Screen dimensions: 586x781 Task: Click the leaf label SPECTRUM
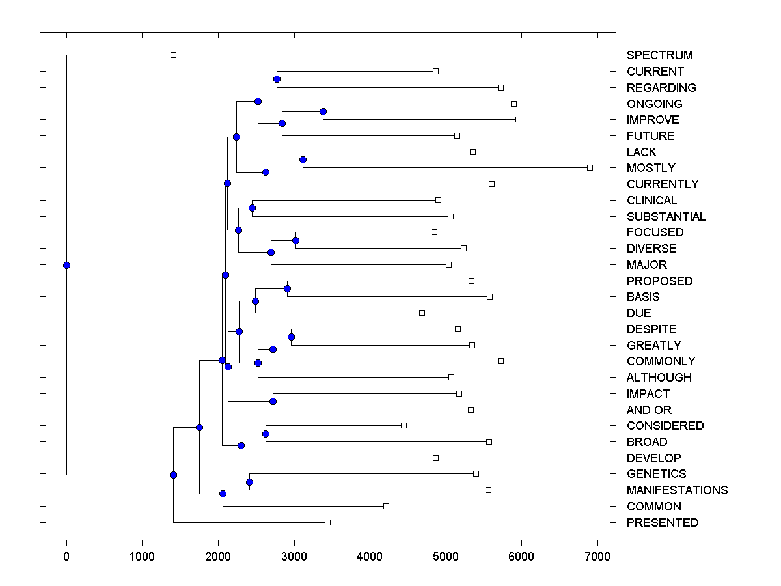click(x=659, y=55)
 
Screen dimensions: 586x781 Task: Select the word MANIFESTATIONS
click(x=677, y=490)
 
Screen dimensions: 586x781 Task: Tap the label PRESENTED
click(x=662, y=523)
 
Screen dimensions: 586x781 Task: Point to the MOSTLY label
click(x=651, y=168)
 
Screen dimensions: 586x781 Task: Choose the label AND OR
click(x=649, y=410)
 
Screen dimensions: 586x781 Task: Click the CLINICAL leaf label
click(x=651, y=201)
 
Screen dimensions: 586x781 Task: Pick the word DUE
click(x=638, y=313)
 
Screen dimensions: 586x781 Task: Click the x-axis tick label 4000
click(x=370, y=557)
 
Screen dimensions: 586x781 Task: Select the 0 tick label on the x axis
click(x=66, y=557)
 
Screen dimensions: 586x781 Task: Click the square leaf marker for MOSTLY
click(x=590, y=167)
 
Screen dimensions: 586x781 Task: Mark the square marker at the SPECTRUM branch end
click(x=173, y=55)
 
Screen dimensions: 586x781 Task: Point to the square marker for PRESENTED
click(x=327, y=522)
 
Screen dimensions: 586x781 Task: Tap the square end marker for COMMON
click(x=386, y=506)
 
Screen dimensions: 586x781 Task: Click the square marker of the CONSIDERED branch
click(x=404, y=425)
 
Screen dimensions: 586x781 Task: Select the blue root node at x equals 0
click(x=66, y=265)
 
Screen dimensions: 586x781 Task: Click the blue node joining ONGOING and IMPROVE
click(x=323, y=111)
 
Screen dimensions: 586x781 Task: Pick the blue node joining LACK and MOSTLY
click(x=303, y=160)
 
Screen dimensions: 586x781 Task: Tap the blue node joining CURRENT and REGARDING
click(x=277, y=79)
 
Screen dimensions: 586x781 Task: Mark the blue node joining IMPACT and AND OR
click(x=273, y=401)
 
